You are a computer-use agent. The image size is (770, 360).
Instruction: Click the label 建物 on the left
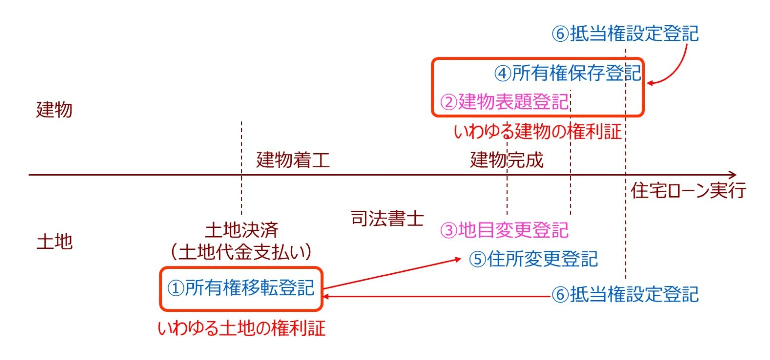pos(54,110)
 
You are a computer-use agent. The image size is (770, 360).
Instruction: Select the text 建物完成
pos(506,161)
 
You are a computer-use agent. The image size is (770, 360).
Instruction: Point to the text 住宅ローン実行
pos(688,192)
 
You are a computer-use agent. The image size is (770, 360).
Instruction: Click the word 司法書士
pos(387,219)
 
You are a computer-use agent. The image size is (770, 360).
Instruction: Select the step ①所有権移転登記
pos(241,288)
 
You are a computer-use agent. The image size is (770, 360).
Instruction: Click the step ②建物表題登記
pos(505,103)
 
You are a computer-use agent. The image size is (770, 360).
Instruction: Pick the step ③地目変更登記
pos(505,230)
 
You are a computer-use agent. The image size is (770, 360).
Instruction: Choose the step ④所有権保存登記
pos(568,74)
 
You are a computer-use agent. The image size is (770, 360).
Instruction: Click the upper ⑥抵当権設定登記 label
pos(625,34)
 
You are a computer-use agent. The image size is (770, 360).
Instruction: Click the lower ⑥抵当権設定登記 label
pos(625,294)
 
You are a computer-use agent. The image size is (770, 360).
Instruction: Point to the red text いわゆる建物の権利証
pos(537,132)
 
